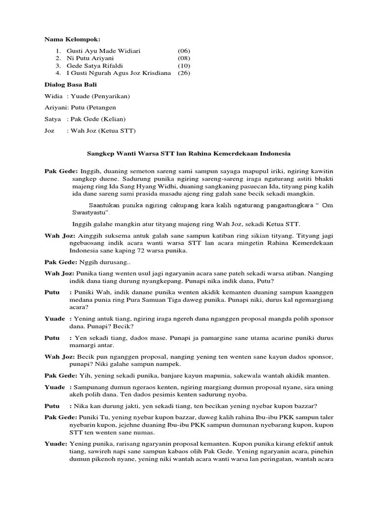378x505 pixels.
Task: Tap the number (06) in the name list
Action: click(184, 51)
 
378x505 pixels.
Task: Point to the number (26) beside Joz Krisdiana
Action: click(184, 73)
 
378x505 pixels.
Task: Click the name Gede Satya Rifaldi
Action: click(94, 66)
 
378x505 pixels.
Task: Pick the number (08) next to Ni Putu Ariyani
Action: click(184, 58)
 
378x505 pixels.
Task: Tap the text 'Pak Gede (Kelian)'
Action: click(98, 119)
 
